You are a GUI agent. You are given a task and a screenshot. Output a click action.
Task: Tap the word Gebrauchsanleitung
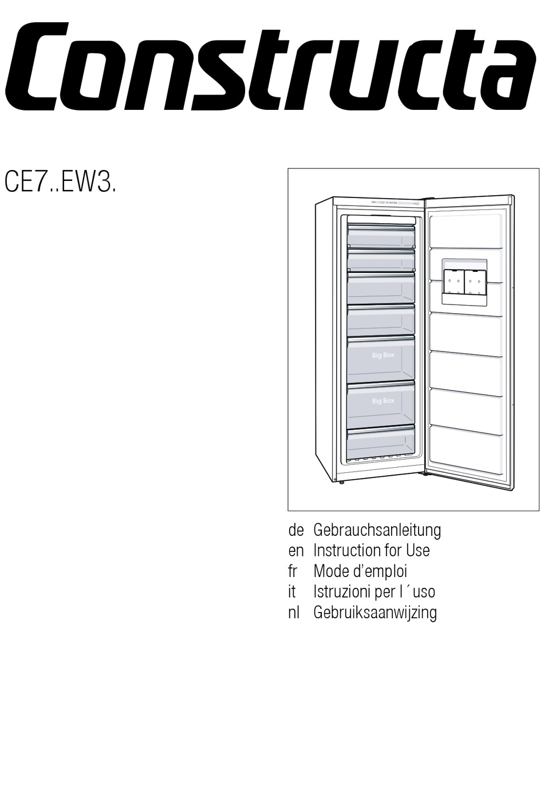click(x=377, y=530)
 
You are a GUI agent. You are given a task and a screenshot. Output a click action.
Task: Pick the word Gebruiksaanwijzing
click(x=375, y=613)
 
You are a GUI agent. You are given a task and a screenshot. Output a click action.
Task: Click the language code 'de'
click(x=295, y=530)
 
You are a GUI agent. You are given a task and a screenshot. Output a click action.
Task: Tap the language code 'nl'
click(x=294, y=613)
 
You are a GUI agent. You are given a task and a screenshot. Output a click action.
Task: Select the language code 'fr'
click(x=293, y=571)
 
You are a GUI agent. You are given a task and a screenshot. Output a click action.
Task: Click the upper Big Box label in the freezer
click(x=383, y=355)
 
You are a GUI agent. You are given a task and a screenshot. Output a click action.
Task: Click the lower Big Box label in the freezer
click(x=383, y=401)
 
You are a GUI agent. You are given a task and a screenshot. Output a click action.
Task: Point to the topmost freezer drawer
click(x=381, y=234)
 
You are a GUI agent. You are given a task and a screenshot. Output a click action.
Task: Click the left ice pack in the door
click(x=454, y=281)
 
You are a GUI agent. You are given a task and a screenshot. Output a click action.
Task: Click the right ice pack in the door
click(x=475, y=281)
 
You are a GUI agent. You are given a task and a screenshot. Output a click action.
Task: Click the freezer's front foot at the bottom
click(x=341, y=481)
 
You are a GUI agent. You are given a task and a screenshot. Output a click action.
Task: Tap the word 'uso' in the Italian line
click(x=424, y=592)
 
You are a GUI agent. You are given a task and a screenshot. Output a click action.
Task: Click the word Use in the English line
click(x=417, y=551)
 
